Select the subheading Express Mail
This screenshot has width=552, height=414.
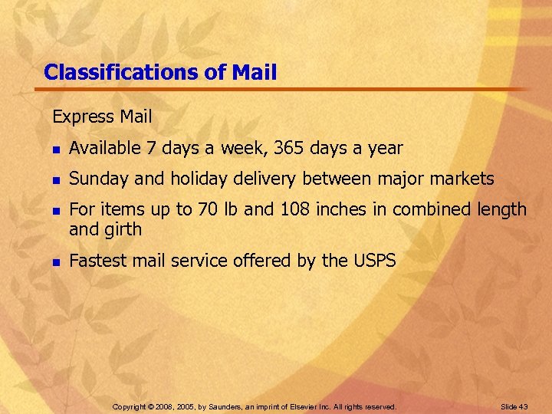(x=102, y=117)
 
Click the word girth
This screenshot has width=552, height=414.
(x=122, y=229)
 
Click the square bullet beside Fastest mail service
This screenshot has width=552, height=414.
(x=55, y=262)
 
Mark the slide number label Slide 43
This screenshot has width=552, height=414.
(x=514, y=406)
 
